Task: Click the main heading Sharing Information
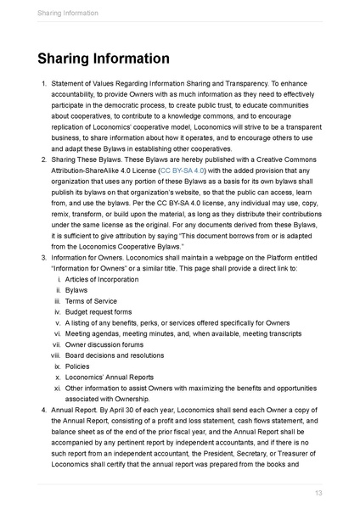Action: point(103,59)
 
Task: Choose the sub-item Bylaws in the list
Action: point(76,290)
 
